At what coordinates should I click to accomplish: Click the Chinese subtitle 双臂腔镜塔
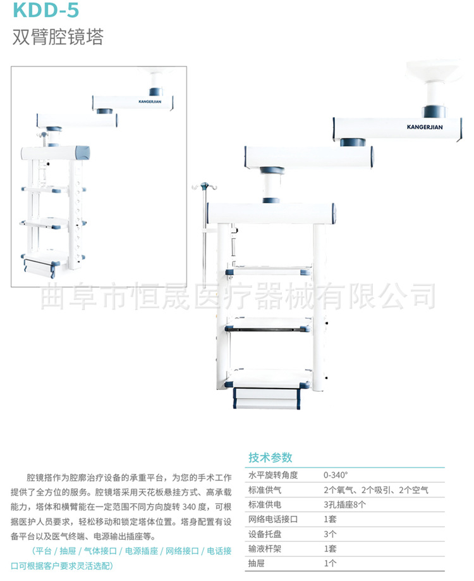tap(58, 37)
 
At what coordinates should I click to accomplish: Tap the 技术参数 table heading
tap(270, 458)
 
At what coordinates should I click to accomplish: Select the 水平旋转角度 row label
tap(273, 475)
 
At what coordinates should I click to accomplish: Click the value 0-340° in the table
tap(336, 475)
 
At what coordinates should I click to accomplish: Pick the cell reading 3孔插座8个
tap(344, 504)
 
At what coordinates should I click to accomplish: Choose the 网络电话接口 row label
tap(273, 519)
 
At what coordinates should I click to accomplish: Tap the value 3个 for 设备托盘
tap(330, 534)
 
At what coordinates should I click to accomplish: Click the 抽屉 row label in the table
tap(257, 563)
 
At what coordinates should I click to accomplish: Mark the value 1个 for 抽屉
tap(330, 563)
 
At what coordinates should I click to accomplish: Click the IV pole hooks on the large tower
tap(204, 187)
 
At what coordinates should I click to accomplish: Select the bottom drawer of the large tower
tap(265, 397)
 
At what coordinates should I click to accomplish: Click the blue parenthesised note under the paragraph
tap(126, 558)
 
